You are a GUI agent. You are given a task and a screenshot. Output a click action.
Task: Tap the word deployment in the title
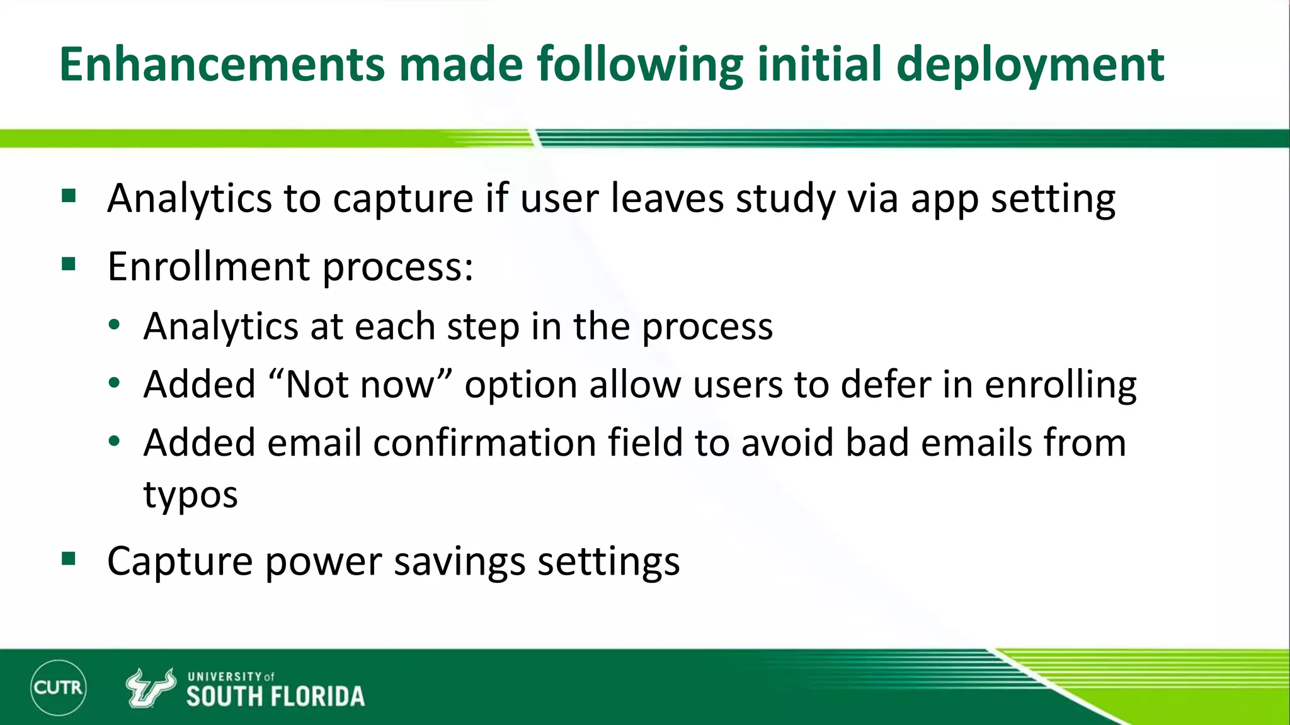pos(1030,64)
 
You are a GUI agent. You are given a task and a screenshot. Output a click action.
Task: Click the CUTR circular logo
pos(58,687)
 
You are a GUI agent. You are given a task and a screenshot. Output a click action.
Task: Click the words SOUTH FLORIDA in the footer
pos(275,697)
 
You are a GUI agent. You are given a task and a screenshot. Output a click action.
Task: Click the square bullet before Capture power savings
pos(69,558)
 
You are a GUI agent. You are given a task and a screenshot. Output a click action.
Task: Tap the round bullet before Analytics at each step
pos(114,325)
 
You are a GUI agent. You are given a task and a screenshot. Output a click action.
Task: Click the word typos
pos(190,495)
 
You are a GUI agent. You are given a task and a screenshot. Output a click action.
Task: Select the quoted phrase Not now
pos(360,384)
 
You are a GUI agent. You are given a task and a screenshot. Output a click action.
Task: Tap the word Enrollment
pos(208,266)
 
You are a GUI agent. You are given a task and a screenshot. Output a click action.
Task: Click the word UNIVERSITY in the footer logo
pos(224,677)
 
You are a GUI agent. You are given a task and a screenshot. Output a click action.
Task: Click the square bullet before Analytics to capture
pos(69,196)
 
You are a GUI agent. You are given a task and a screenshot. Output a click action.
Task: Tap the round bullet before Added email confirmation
pos(114,442)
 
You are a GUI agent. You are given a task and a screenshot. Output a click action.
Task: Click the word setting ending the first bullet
pos(1053,200)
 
